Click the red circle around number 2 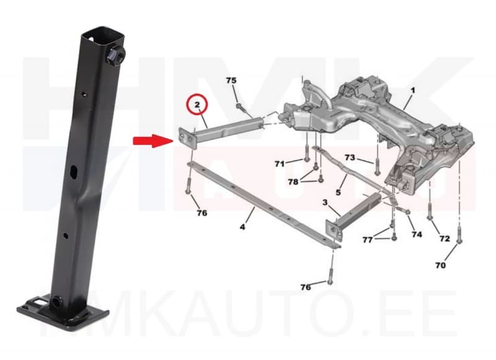(197, 105)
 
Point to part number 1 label (412, 90)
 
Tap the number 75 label (231, 81)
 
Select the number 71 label (280, 164)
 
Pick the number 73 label (350, 159)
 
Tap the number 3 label (324, 203)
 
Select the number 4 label (242, 227)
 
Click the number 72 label (444, 239)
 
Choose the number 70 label (440, 265)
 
